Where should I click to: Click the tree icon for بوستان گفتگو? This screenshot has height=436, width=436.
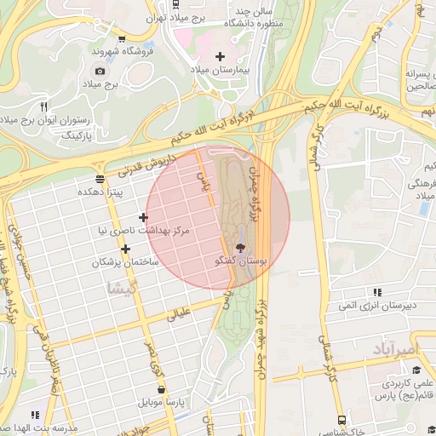pyautogui.click(x=241, y=248)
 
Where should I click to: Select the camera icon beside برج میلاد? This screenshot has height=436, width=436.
pyautogui.click(x=100, y=71)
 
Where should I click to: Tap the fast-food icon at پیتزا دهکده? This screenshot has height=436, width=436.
pyautogui.click(x=100, y=178)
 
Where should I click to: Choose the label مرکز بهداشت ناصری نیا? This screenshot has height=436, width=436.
pyautogui.click(x=143, y=231)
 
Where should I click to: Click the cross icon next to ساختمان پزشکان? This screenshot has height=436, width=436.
pyautogui.click(x=125, y=250)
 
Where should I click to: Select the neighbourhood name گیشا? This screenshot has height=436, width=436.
pyautogui.click(x=118, y=288)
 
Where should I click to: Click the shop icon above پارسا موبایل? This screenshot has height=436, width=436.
pyautogui.click(x=161, y=389)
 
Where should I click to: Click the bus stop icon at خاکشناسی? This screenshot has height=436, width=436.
pyautogui.click(x=341, y=420)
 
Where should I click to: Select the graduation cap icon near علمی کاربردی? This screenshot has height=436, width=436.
pyautogui.click(x=416, y=370)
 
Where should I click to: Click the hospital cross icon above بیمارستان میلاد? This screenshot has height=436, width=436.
pyautogui.click(x=220, y=55)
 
